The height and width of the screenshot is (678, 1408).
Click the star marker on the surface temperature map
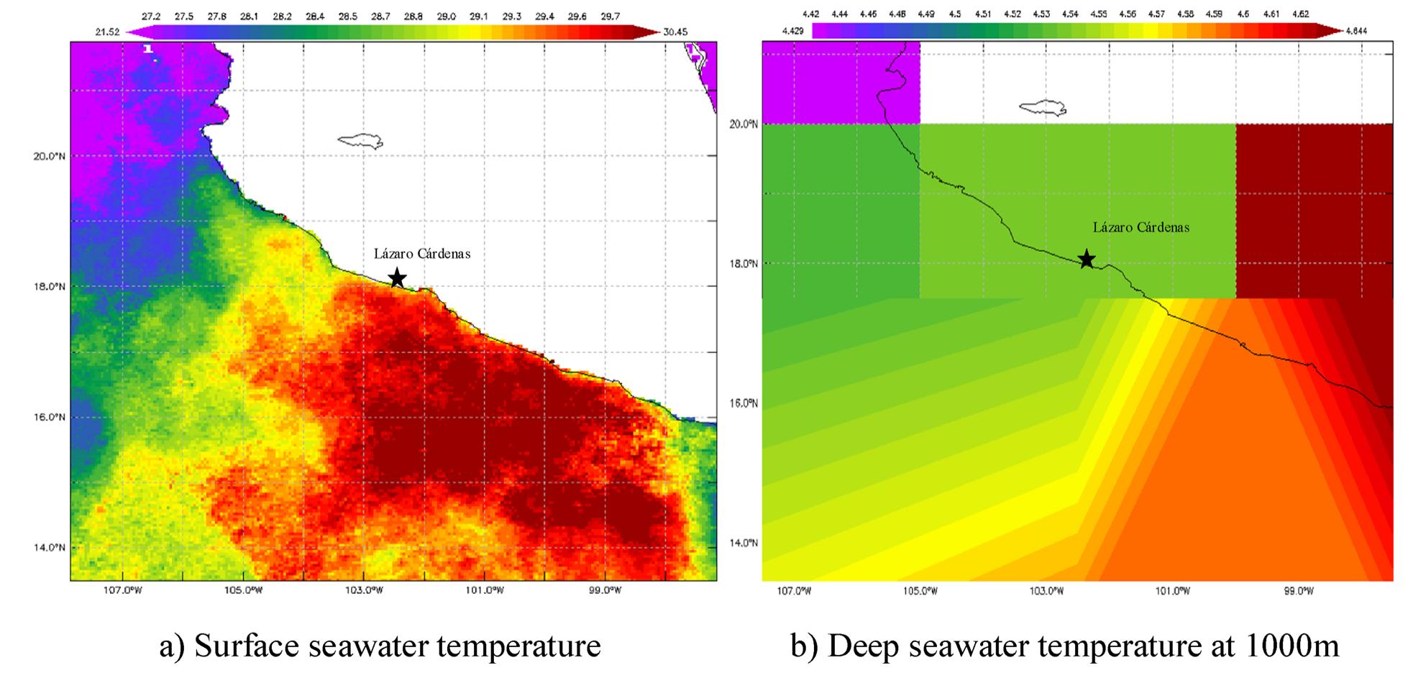(397, 278)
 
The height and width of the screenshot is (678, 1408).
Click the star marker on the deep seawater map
(1087, 259)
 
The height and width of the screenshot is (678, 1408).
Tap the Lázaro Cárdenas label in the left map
(422, 254)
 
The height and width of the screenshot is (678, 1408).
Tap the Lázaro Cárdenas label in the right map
(1141, 227)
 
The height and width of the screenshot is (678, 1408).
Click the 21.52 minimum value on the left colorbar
(107, 32)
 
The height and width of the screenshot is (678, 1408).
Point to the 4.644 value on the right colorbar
(1356, 31)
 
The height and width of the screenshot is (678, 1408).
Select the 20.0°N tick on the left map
(49, 156)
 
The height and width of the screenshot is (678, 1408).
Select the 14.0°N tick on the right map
(744, 543)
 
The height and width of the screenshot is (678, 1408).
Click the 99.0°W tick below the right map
(1299, 591)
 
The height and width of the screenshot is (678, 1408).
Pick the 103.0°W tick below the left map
(363, 591)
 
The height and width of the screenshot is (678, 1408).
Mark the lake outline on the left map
(360, 141)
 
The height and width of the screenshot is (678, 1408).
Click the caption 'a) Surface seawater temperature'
(380, 646)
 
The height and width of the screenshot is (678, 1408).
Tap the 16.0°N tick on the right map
(744, 403)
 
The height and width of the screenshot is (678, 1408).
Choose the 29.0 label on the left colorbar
(446, 17)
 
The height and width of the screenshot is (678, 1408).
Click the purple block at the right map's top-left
(841, 83)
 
